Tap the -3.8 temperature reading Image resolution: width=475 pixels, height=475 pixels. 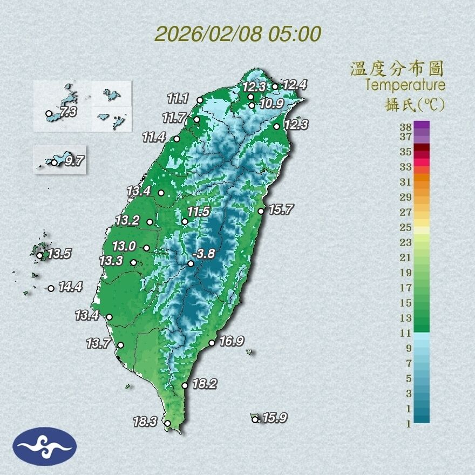point(204,254)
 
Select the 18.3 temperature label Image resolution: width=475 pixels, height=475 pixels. point(145,422)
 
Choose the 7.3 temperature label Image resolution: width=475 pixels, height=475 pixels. point(69,112)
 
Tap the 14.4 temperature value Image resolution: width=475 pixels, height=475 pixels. point(70,287)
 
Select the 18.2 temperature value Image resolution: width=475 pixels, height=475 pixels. point(205,384)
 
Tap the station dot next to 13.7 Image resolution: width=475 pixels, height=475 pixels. point(120,345)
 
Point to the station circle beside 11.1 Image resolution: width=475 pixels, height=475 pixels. point(200,100)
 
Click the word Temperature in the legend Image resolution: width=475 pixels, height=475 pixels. point(405,85)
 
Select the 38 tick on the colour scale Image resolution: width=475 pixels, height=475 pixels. point(405,127)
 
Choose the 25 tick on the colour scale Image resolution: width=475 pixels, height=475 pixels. point(405,227)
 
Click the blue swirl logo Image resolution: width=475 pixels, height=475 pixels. point(45,446)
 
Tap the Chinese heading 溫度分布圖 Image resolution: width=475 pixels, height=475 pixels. point(397,69)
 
